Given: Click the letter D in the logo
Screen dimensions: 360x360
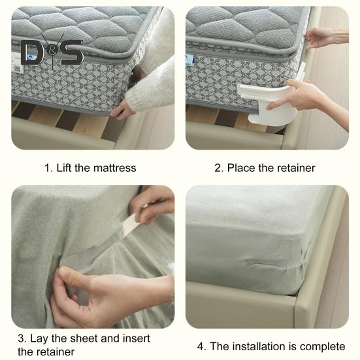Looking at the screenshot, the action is click(x=31, y=52).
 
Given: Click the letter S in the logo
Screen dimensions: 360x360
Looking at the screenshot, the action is click(x=72, y=52).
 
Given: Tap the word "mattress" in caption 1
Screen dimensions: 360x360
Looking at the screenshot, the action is click(x=115, y=168).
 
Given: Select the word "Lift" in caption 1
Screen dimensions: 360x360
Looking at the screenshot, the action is click(x=64, y=168).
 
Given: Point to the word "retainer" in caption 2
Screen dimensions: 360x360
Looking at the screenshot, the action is click(x=296, y=168).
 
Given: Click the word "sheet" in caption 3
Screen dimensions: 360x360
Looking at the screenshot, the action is click(x=84, y=338).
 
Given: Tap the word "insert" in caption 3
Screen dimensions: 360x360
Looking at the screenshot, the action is click(x=137, y=338).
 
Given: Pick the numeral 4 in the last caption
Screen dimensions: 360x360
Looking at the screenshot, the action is click(x=200, y=346).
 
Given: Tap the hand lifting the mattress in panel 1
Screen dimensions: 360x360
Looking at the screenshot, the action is click(x=122, y=111).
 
